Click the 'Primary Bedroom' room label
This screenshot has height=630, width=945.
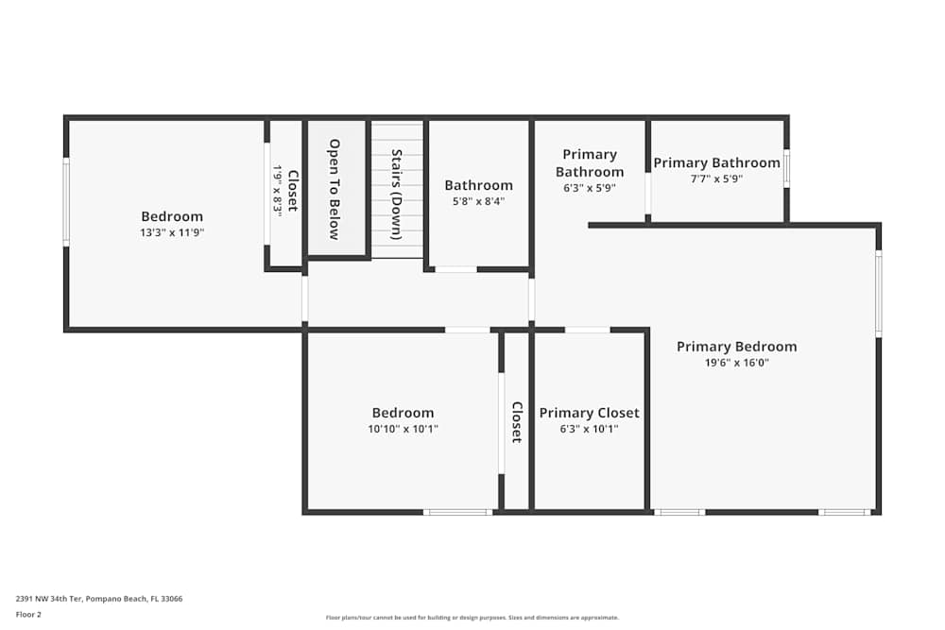tap(736, 347)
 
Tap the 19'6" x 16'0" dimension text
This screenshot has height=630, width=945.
tap(736, 363)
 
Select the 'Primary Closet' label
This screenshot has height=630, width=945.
tap(589, 413)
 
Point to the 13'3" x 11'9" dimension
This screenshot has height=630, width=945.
tap(172, 232)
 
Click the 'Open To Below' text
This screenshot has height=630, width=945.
tap(335, 189)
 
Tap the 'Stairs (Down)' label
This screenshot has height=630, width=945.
tap(397, 195)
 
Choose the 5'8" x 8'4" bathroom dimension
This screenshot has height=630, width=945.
tap(478, 201)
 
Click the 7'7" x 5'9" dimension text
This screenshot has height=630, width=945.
tap(716, 179)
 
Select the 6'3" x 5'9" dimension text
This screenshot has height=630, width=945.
tap(589, 188)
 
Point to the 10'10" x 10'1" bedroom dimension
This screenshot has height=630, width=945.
tap(403, 429)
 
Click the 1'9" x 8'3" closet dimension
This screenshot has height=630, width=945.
tap(278, 192)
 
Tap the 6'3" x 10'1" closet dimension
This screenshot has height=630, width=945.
tap(589, 429)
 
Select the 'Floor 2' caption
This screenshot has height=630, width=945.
tap(29, 614)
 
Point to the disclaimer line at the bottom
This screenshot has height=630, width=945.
tap(472, 618)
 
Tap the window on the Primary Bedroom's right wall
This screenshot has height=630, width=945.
tap(878, 293)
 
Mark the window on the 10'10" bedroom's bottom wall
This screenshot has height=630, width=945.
tap(457, 512)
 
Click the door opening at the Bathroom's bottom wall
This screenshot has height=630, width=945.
tap(455, 269)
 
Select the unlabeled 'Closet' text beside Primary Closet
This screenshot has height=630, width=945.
tap(517, 422)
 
